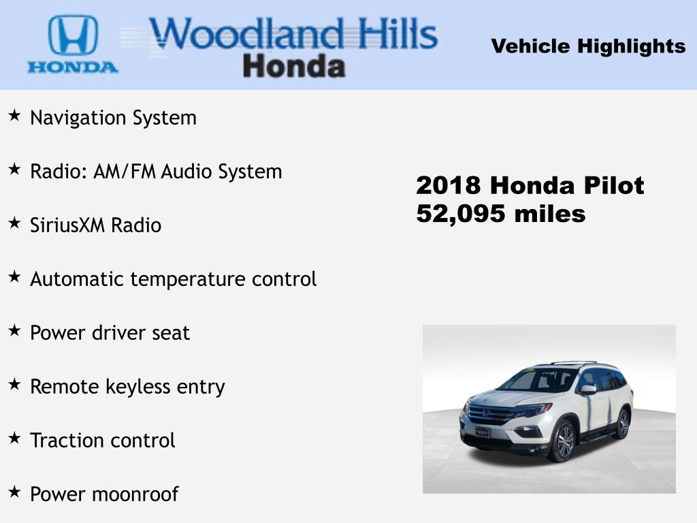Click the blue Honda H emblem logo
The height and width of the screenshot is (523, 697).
tap(73, 35)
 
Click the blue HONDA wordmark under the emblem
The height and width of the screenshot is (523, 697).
tap(73, 67)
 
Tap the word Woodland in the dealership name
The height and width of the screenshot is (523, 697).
tap(246, 34)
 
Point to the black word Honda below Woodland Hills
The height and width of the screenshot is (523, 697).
tap(294, 67)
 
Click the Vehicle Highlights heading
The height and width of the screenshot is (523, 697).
tap(588, 46)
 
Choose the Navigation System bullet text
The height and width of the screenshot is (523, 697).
tap(114, 118)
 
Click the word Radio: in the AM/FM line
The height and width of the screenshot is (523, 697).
tap(59, 172)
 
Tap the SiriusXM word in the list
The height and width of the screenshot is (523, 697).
tap(67, 225)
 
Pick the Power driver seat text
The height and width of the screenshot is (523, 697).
tap(110, 333)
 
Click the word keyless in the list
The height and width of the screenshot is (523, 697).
tap(137, 387)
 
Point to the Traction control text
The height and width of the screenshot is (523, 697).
tap(103, 441)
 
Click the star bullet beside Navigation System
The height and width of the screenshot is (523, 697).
tap(15, 114)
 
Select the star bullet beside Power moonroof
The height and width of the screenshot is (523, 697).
tap(15, 492)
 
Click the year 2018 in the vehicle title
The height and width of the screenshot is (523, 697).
tap(449, 185)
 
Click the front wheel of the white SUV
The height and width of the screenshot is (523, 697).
tap(562, 441)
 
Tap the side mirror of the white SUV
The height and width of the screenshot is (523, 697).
tap(587, 390)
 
